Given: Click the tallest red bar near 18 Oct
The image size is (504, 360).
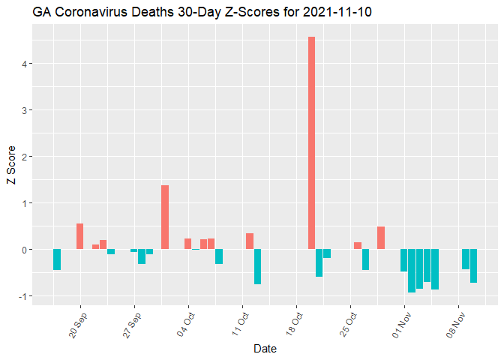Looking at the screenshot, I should (311, 142).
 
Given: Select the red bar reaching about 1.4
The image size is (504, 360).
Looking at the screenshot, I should (165, 217).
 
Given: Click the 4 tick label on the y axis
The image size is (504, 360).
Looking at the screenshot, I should (25, 64).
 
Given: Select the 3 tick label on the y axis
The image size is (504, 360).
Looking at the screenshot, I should (25, 110).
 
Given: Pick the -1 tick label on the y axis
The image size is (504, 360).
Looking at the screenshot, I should (24, 296).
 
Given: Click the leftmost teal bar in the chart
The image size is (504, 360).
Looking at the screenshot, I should (57, 259).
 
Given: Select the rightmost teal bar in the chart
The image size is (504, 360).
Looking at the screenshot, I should (473, 265).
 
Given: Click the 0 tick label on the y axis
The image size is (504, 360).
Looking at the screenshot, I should (25, 250).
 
